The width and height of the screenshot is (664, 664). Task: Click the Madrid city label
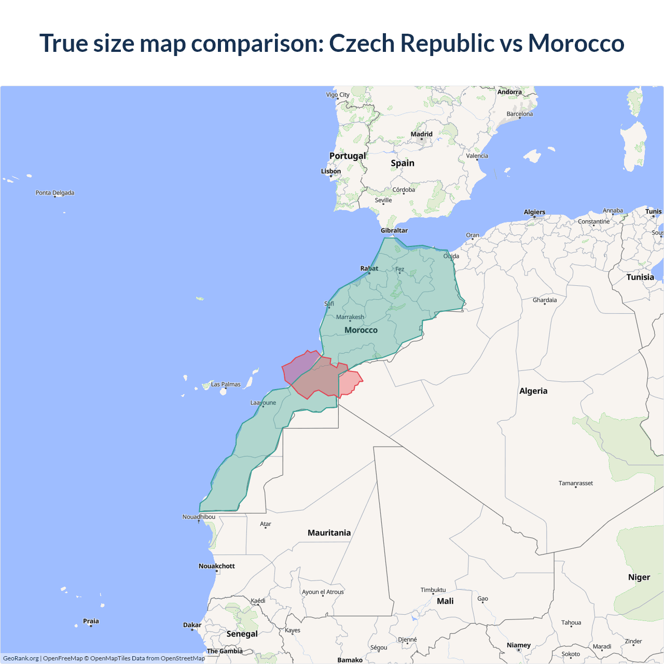421,134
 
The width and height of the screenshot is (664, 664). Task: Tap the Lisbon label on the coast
331,171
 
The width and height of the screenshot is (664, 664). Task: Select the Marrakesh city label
350,317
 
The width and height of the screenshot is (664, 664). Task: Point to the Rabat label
369,268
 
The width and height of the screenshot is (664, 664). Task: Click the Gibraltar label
394,230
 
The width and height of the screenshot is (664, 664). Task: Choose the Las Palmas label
226,384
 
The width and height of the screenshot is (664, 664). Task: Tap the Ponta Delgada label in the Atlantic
55,193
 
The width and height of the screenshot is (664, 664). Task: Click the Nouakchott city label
217,566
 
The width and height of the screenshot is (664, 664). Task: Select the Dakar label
192,625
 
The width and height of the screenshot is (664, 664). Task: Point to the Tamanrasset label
576,483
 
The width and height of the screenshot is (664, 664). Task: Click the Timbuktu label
433,590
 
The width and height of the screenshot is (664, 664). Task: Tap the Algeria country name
533,391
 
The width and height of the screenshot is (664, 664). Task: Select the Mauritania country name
329,533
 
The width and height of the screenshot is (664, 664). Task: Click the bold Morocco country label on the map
361,330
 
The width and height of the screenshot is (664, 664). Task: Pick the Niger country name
639,577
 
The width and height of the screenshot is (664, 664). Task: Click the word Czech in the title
362,43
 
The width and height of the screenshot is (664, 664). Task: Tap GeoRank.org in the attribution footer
21,658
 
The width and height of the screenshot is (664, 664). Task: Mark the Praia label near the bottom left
91,621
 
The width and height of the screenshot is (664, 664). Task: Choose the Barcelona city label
520,114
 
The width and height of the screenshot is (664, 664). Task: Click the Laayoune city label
263,403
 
